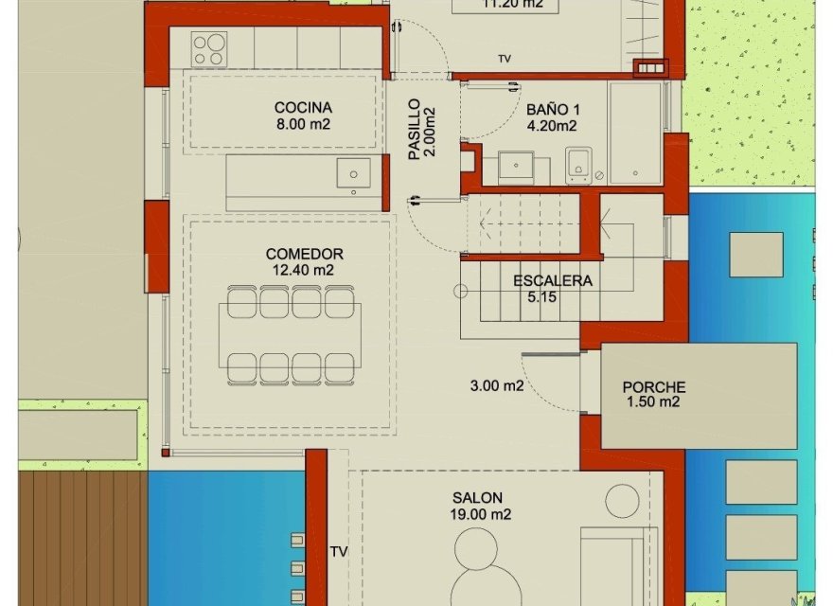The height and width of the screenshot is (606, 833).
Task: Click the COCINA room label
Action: click(x=303, y=108)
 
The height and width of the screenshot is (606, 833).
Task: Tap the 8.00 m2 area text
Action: click(x=303, y=124)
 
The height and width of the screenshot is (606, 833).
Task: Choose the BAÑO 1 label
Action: click(x=552, y=108)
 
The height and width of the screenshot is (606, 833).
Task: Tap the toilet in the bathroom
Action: click(x=578, y=166)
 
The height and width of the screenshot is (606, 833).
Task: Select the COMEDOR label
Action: click(x=304, y=254)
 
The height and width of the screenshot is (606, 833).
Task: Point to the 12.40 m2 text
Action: click(x=304, y=270)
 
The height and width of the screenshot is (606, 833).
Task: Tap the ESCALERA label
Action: click(x=553, y=281)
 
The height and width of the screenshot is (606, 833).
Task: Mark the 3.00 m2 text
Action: click(x=497, y=385)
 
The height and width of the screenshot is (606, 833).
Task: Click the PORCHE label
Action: click(x=653, y=387)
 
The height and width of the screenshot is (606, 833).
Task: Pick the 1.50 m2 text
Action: click(x=653, y=402)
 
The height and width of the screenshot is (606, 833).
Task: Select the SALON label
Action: click(x=477, y=498)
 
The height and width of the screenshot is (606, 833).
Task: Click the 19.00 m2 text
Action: click(x=481, y=514)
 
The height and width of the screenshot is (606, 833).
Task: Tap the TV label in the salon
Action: click(x=339, y=550)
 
